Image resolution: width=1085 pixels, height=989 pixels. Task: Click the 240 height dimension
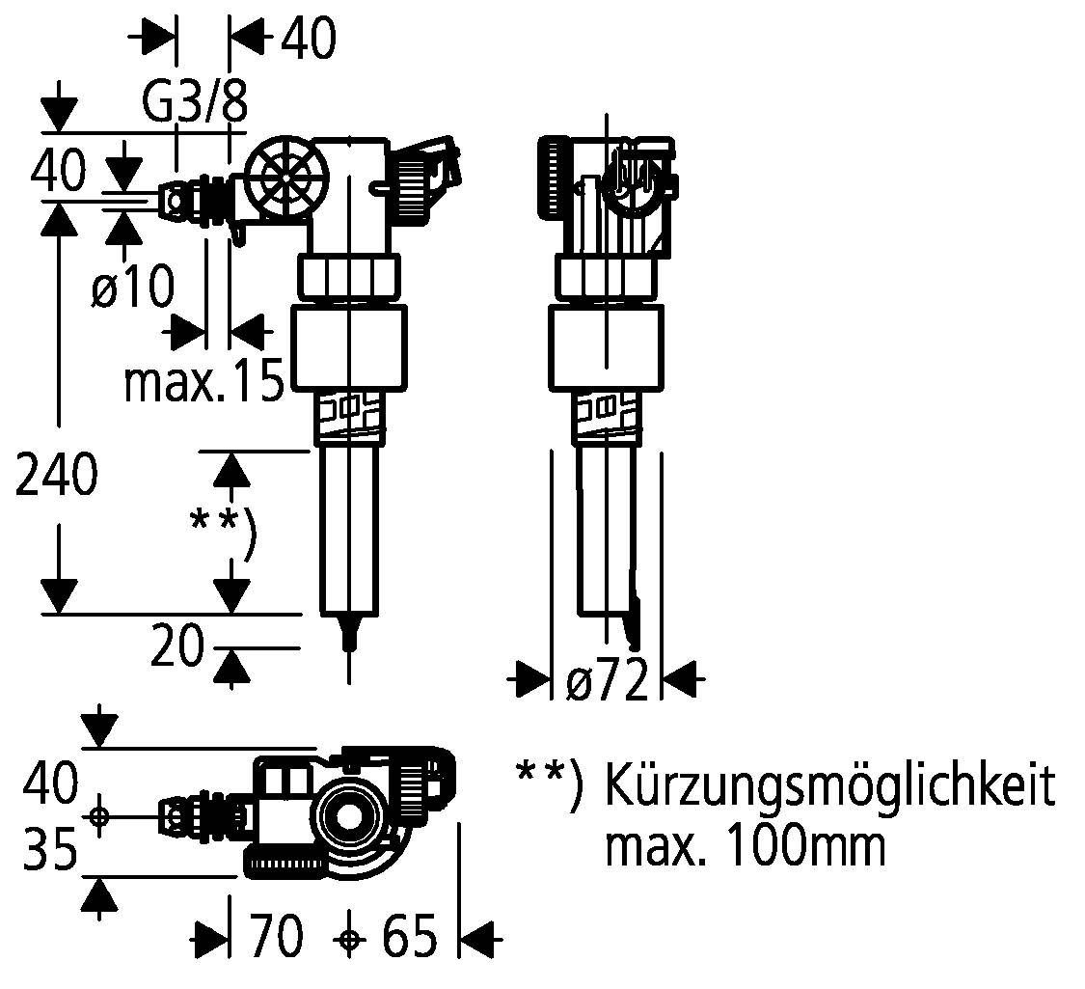point(56,475)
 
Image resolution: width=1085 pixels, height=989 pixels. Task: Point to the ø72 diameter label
point(607,682)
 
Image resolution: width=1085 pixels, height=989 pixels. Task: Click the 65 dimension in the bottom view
point(409,937)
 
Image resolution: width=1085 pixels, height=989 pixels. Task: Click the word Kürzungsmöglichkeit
point(828,786)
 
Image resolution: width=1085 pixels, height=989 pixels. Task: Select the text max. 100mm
point(744,846)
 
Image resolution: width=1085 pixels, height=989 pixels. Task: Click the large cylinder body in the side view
point(607,347)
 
